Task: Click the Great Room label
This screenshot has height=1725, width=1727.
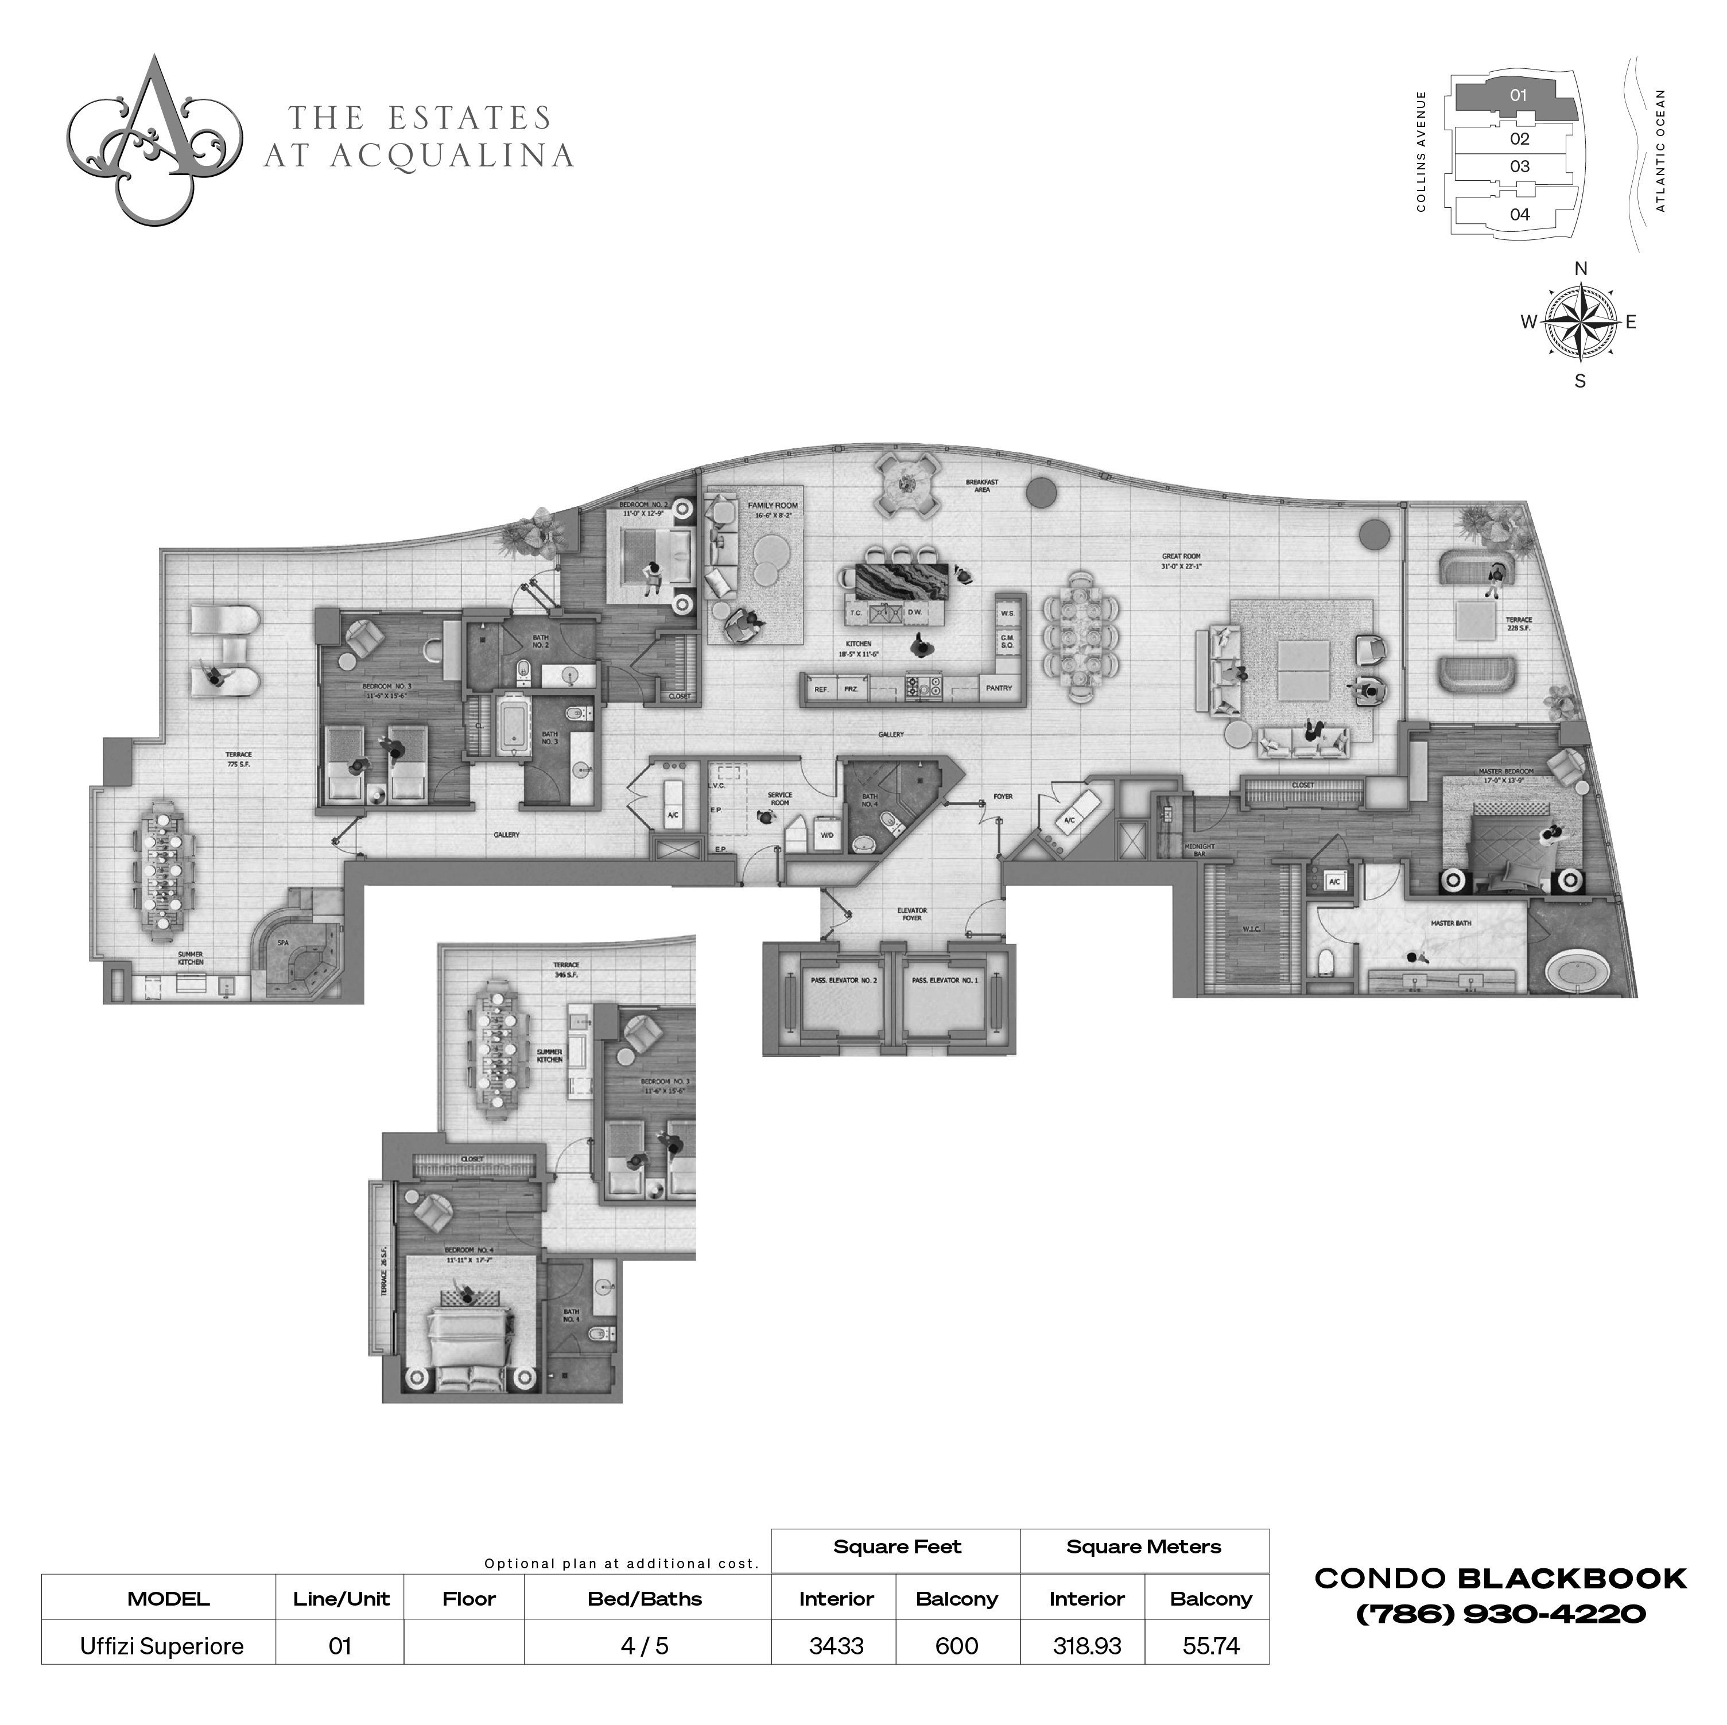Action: point(1180,561)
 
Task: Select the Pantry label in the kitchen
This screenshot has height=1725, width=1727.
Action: point(999,688)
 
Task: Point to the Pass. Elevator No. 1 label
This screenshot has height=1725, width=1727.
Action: point(957,980)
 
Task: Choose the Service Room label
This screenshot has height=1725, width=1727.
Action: point(779,798)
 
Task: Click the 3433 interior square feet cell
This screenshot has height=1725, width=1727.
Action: point(836,1645)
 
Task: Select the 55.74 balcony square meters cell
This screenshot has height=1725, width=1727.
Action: point(1210,1645)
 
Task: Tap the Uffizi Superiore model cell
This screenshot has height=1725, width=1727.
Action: point(162,1645)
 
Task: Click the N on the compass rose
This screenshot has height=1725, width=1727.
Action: point(1579,268)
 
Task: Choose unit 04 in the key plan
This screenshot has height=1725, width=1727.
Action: point(1520,215)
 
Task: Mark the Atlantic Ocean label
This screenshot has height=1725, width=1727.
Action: point(1661,150)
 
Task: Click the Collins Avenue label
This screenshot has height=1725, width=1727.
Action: point(1421,152)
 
